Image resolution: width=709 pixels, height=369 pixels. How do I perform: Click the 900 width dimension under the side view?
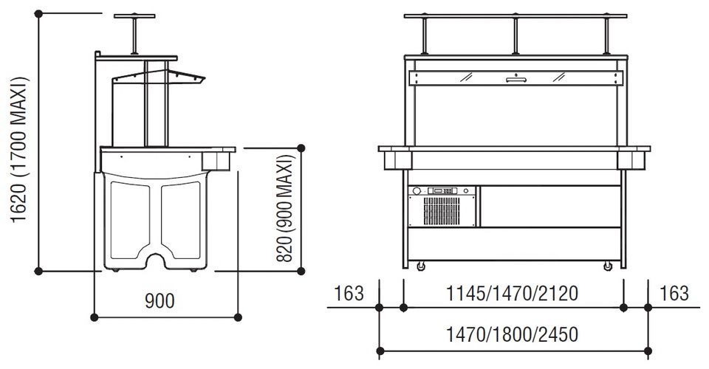pyautogui.click(x=160, y=301)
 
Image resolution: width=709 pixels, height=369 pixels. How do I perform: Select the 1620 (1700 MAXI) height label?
pyautogui.click(x=19, y=150)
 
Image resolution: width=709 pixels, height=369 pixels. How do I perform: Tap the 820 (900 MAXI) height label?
pyautogui.click(x=285, y=208)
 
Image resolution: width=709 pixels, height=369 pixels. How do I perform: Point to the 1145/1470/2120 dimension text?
pyautogui.click(x=512, y=294)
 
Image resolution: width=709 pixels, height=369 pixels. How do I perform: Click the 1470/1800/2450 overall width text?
pyautogui.click(x=512, y=334)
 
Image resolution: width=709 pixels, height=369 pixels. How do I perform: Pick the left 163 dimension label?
pyautogui.click(x=349, y=294)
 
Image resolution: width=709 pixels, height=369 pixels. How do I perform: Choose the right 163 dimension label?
pyautogui.click(x=674, y=294)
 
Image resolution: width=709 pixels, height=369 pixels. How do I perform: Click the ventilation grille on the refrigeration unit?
pyautogui.click(x=442, y=211)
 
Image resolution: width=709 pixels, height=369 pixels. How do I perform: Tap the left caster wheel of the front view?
pyautogui.click(x=421, y=266)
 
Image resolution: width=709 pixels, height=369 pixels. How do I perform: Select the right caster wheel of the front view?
pyautogui.click(x=608, y=266)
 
